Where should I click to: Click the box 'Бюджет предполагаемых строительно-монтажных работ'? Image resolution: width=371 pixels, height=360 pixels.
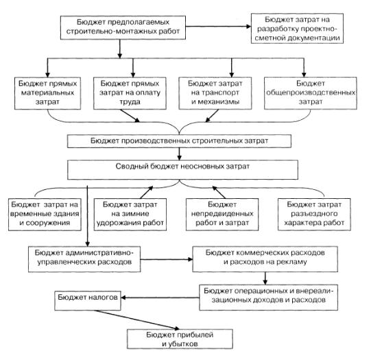point(123,27)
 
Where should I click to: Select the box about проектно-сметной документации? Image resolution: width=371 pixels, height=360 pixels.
point(297,28)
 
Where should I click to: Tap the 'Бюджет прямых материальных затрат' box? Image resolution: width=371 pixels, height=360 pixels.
point(47,93)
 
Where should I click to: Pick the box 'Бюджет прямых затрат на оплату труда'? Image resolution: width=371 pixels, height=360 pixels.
point(130,93)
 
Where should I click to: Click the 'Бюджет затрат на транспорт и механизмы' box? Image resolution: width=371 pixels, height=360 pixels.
point(215,93)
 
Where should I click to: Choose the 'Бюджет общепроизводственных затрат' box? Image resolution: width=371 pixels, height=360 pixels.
point(311,93)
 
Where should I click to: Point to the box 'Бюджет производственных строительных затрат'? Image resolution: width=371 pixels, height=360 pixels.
point(179,141)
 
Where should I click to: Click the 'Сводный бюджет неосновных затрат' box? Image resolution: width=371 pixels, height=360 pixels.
point(182,169)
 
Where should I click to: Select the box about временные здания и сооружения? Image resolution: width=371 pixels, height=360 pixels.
point(45,215)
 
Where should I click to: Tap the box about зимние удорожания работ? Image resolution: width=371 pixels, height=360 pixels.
point(130,215)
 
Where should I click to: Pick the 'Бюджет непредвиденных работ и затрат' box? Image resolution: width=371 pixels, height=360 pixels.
point(222,215)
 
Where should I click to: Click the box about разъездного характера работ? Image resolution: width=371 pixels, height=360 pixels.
point(314,215)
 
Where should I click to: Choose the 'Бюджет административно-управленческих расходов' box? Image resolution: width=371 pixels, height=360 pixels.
point(84,259)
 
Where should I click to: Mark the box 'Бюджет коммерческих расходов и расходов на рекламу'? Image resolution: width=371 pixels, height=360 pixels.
point(265,259)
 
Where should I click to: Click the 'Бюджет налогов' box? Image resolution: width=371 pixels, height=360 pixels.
point(88,300)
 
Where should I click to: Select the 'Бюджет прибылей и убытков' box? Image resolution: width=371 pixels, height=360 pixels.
point(180,339)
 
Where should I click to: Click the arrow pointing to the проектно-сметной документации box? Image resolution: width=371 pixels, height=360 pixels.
point(218,27)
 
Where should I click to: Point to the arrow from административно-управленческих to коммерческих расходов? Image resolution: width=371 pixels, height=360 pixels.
point(167,259)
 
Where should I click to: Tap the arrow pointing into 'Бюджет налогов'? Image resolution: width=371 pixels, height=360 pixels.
point(160,298)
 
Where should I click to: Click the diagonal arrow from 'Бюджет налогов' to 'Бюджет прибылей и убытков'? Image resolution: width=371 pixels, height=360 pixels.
point(136,320)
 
